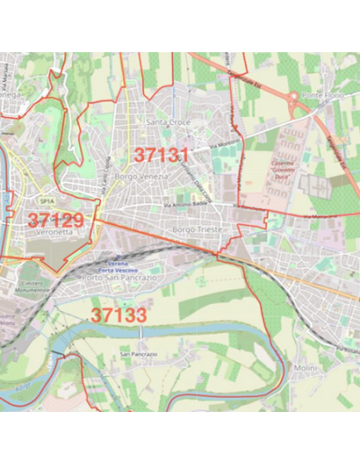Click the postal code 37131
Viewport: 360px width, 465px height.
click(x=162, y=154)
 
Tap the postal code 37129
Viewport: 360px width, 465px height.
click(x=55, y=219)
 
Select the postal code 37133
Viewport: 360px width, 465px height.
click(x=118, y=315)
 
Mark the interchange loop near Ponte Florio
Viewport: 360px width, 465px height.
click(x=294, y=97)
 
